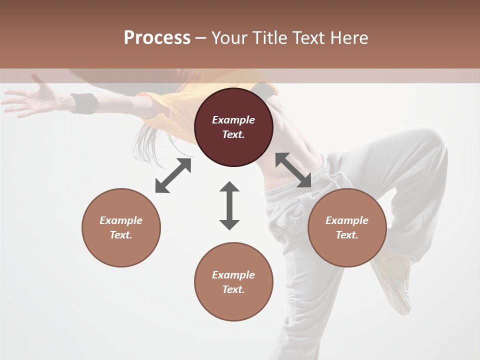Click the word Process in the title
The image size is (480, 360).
(x=157, y=38)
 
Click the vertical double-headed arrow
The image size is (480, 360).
(x=229, y=205)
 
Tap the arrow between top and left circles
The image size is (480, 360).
(x=173, y=175)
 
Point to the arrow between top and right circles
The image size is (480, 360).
(x=293, y=170)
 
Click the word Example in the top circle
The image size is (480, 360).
(x=233, y=120)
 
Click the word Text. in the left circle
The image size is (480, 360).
(x=121, y=235)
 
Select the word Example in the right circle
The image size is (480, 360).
(x=347, y=220)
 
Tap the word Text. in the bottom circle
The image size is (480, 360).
(x=233, y=289)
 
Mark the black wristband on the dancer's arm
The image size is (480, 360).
(x=84, y=103)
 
